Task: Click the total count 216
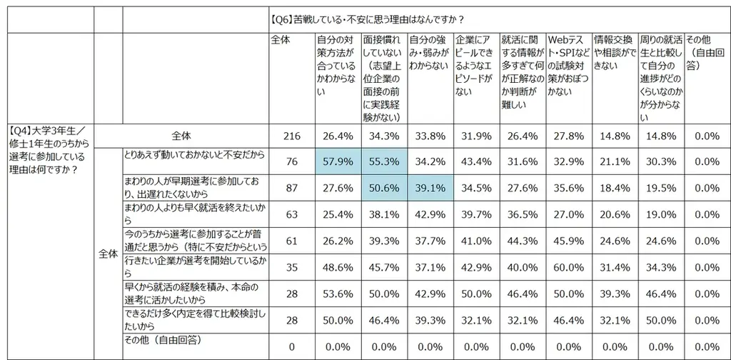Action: pyautogui.click(x=281, y=136)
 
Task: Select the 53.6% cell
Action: pyautogui.click(x=338, y=292)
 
